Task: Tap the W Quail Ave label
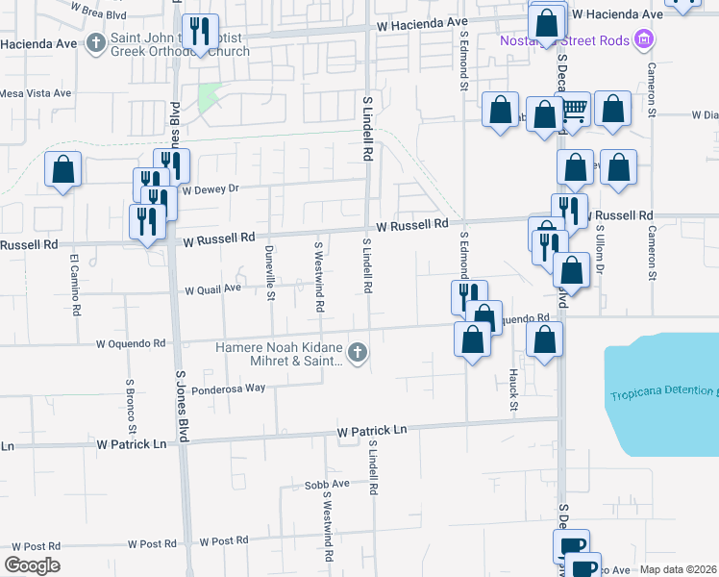click(x=212, y=288)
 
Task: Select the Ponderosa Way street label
click(x=227, y=389)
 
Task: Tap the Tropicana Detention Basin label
click(x=663, y=394)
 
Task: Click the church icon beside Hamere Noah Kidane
click(x=358, y=352)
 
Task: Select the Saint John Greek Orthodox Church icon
click(x=95, y=42)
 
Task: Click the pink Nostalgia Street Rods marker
click(x=644, y=39)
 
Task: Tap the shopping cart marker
click(x=575, y=112)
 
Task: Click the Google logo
click(x=32, y=565)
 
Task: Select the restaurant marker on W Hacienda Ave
click(x=200, y=32)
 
